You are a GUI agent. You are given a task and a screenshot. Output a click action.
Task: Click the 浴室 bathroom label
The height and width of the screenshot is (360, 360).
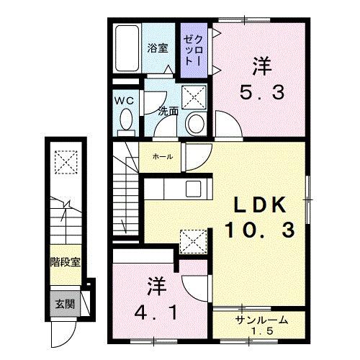(158, 48)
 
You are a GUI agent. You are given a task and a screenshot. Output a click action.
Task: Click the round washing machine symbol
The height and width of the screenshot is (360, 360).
(194, 124)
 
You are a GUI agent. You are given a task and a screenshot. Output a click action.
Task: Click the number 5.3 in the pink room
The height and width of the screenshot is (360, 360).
(261, 91)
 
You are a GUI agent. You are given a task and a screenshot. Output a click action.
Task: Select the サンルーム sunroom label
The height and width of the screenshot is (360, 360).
(261, 319)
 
